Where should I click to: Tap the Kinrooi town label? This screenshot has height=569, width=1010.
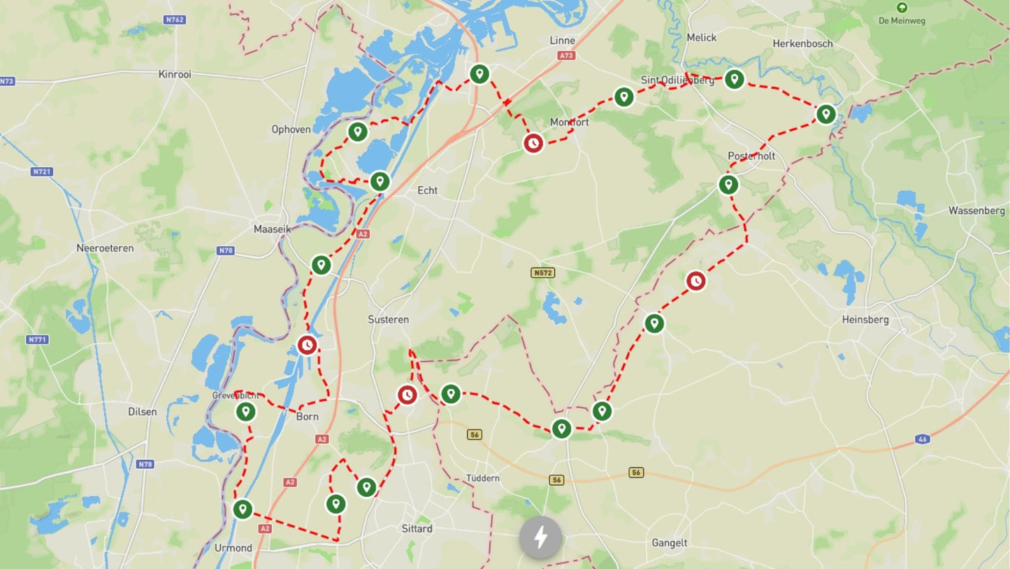(x=175, y=74)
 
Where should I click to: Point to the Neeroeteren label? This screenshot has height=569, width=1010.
(x=105, y=248)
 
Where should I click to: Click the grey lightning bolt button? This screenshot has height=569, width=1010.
(x=540, y=538)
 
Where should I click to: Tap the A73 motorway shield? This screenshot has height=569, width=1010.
(x=566, y=55)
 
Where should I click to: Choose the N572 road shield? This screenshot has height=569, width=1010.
(x=542, y=273)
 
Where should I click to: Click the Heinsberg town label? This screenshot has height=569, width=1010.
(x=865, y=320)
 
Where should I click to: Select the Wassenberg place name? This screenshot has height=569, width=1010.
(x=976, y=211)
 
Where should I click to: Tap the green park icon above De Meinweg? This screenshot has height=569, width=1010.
(x=902, y=8)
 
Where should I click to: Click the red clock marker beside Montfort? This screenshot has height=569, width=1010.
(x=533, y=143)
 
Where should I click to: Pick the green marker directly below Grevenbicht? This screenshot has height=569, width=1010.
(x=245, y=412)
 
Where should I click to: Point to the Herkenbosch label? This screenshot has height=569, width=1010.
(x=802, y=43)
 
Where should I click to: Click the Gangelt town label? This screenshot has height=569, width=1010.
(x=670, y=542)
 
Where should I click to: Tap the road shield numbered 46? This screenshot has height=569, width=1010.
(x=923, y=439)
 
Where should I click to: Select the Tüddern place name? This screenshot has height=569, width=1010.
(x=483, y=478)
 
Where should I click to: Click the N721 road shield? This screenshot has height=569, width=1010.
(x=42, y=171)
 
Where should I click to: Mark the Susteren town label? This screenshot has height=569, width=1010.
(x=389, y=320)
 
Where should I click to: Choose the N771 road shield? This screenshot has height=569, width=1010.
(x=38, y=339)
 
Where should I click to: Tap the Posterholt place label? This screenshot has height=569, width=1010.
(x=751, y=156)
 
